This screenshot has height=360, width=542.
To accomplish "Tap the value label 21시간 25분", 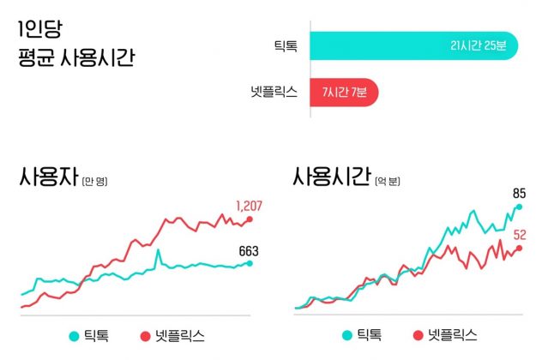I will [484, 45].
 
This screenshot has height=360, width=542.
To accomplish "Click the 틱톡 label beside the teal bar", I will [285, 45].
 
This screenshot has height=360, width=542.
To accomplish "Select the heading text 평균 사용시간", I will [75, 59].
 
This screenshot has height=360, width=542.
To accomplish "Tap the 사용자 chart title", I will [46, 179].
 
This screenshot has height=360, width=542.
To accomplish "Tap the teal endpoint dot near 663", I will [250, 263].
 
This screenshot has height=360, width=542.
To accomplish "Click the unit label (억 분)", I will [387, 182].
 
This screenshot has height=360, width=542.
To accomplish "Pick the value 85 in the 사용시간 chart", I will [520, 193].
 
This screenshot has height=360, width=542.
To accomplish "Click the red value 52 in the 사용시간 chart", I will [521, 235].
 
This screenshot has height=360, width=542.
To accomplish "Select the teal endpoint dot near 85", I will [519, 207].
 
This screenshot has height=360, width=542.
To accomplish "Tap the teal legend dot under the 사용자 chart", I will [75, 334].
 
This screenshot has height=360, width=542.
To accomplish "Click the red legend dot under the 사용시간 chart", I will [419, 334].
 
